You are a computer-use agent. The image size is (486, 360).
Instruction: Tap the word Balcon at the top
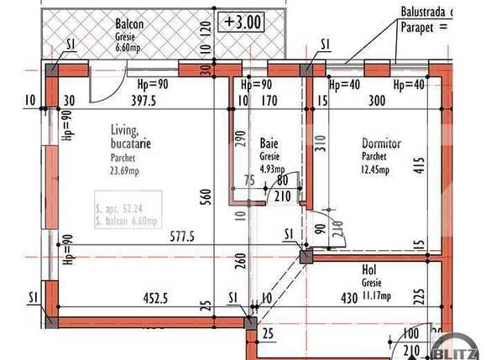click(130, 24)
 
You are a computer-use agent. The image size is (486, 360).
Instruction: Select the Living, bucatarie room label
click(130, 137)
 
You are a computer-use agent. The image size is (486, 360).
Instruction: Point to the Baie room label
click(269, 143)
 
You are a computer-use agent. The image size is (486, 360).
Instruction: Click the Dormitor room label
click(382, 143)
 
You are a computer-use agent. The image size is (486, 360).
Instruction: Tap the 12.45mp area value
click(376, 170)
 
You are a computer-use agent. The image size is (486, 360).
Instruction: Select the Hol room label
click(368, 270)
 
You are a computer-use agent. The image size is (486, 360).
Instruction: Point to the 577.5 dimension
click(180, 237)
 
